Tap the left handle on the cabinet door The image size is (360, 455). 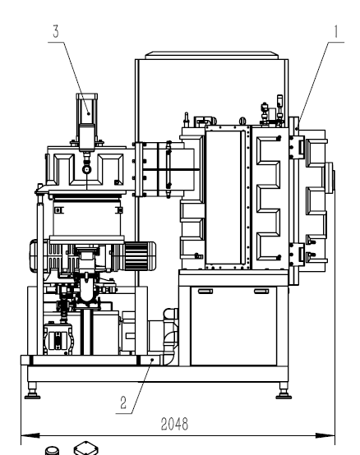coord(205,292)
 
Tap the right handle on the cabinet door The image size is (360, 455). coord(261,292)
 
